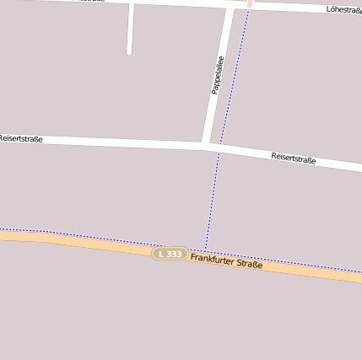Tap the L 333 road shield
click(170, 254)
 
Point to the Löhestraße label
click(343, 10)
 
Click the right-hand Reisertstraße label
click(293, 158)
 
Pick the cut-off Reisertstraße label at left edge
click(20, 137)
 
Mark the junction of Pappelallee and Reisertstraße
click(208, 145)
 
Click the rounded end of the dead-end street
click(129, 51)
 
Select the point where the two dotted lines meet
click(205, 250)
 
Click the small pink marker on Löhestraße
click(250, 3)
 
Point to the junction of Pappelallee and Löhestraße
click(230, 6)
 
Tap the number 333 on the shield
click(174, 254)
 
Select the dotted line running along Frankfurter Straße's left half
click(84, 235)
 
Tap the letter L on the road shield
click(160, 254)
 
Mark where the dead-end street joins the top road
click(131, 3)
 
